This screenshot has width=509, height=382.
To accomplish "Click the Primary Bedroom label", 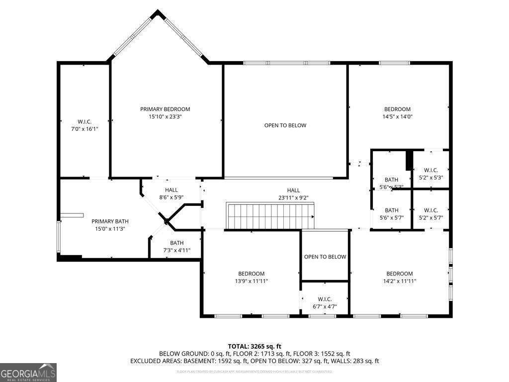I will (x=165, y=109).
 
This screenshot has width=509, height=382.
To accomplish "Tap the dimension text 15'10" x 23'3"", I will (x=165, y=117).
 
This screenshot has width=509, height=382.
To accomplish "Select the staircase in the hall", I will (x=270, y=216).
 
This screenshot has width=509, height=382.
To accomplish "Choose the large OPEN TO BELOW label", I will (x=285, y=125).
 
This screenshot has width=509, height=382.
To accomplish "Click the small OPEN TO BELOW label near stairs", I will (x=325, y=257).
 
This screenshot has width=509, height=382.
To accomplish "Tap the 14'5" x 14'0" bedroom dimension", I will (x=397, y=117).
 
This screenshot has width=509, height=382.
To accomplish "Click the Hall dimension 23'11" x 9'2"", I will (x=293, y=197).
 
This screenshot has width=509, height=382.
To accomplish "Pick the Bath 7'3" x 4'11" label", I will (x=177, y=247).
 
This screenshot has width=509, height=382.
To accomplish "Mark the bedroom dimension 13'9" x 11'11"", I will (x=251, y=281).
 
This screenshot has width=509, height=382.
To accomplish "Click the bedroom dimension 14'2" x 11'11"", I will (x=400, y=281).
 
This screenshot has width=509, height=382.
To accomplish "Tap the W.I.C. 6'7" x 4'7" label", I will (x=325, y=303).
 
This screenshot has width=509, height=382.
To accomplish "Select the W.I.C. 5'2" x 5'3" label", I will (x=431, y=174).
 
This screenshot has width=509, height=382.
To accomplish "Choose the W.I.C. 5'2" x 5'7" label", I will (x=431, y=214).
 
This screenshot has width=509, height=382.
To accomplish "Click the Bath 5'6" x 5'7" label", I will (x=391, y=214).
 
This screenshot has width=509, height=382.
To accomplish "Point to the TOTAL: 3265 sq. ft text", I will (x=254, y=346).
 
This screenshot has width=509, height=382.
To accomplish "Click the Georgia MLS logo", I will (x=28, y=373).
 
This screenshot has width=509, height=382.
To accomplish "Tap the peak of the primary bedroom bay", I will (x=158, y=13).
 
